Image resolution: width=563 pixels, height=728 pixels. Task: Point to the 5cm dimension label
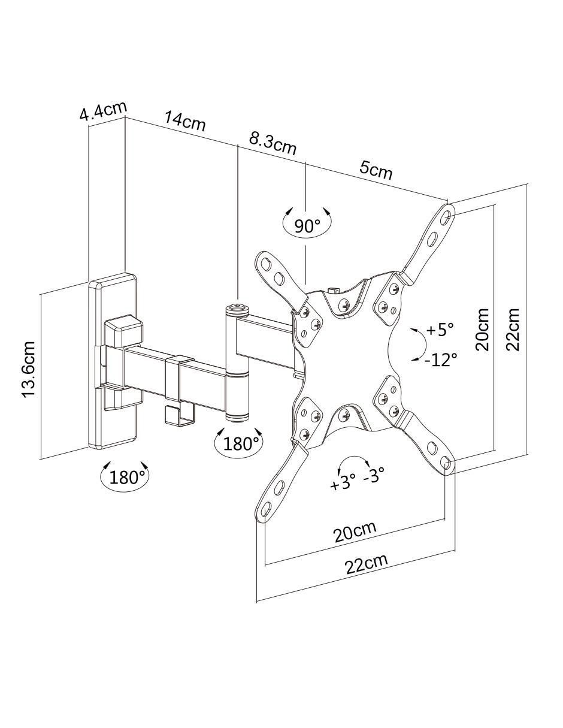pyautogui.click(x=376, y=171)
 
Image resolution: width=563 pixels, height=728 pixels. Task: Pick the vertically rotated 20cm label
pyautogui.click(x=482, y=330)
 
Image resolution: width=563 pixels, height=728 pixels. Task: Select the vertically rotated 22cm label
pyautogui.click(x=512, y=330)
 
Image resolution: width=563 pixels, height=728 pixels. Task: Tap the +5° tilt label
pyautogui.click(x=440, y=330)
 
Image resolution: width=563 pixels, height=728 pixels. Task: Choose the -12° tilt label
pyautogui.click(x=440, y=360)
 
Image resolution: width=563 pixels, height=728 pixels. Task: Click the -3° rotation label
pyautogui.click(x=374, y=475)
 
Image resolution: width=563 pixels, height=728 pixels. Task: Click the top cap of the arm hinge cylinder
pyautogui.click(x=237, y=308)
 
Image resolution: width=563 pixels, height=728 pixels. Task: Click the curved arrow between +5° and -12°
pyautogui.click(x=425, y=344)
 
